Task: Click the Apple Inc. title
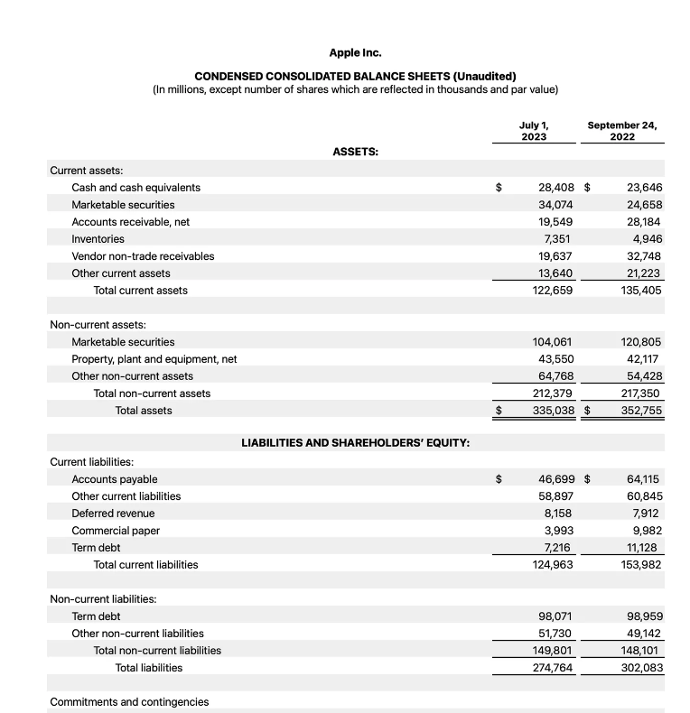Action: pos(355,53)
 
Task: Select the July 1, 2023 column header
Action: pos(534,131)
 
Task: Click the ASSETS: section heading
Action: pos(355,152)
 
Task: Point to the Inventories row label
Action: pos(98,239)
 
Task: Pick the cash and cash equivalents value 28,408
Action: pos(555,188)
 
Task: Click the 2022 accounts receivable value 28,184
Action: pos(643,222)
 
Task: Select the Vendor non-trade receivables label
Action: pos(143,256)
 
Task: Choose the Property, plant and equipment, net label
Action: pos(154,359)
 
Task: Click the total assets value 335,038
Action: pos(550,411)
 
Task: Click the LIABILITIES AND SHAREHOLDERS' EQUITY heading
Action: pos(355,443)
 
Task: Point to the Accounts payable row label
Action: pos(115,479)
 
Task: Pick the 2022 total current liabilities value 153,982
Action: pos(641,565)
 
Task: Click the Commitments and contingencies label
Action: pos(129,702)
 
